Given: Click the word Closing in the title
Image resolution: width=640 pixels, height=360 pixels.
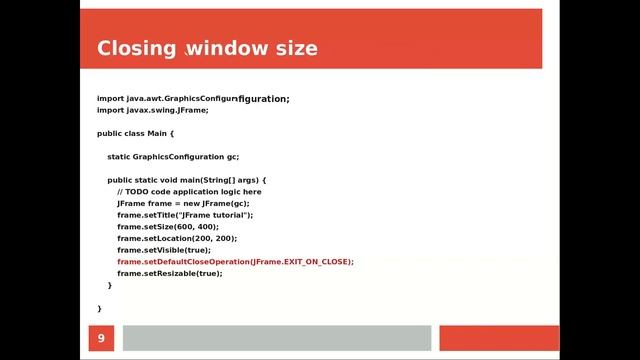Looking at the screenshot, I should [137, 49].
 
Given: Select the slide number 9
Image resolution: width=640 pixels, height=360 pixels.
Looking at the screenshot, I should [100, 340].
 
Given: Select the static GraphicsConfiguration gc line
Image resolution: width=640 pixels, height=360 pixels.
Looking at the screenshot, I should [173, 156].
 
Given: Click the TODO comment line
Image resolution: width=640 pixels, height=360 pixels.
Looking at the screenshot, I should [189, 191].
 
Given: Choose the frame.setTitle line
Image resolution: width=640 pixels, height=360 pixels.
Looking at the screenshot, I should [185, 215].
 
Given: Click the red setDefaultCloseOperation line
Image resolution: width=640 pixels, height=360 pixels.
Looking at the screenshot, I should [235, 262].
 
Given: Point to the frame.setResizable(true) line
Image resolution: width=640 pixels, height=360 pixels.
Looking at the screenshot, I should [169, 273].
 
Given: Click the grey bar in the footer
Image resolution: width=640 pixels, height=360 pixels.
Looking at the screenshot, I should [276, 338].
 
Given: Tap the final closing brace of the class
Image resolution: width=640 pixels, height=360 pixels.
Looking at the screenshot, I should [99, 308].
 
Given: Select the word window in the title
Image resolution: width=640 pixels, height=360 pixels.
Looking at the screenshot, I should [224, 49].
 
